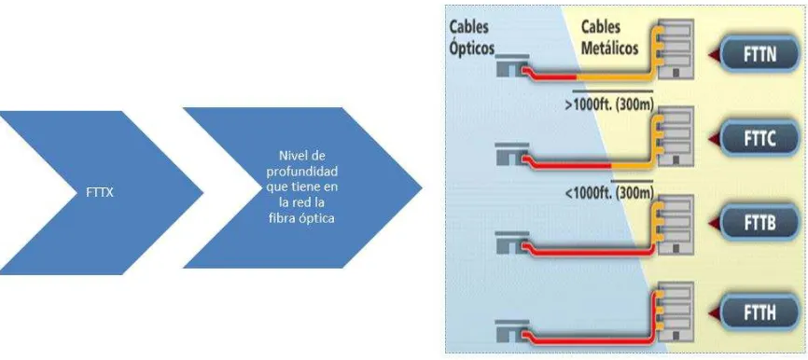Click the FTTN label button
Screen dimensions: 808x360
tap(760, 55)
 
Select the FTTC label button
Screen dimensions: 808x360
tap(760, 139)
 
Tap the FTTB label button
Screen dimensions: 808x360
tap(760, 224)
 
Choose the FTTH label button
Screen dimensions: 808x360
tap(760, 312)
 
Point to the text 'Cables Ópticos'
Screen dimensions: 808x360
tap(471, 37)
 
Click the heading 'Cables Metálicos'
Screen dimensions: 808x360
tap(608, 37)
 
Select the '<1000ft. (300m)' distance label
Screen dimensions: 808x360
tap(608, 193)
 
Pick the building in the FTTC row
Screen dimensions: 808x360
tap(676, 136)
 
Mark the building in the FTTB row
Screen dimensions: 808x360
tap(676, 224)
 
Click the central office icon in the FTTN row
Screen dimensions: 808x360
tap(511, 66)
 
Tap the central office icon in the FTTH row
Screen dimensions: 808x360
tap(511, 331)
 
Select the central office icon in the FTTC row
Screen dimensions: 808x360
tap(511, 155)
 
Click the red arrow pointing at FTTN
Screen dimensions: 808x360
tap(712, 55)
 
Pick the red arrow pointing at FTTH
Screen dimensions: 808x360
tap(712, 313)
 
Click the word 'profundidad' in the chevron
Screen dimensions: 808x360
tap(302, 171)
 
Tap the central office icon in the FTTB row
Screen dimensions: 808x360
tap(511, 242)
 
